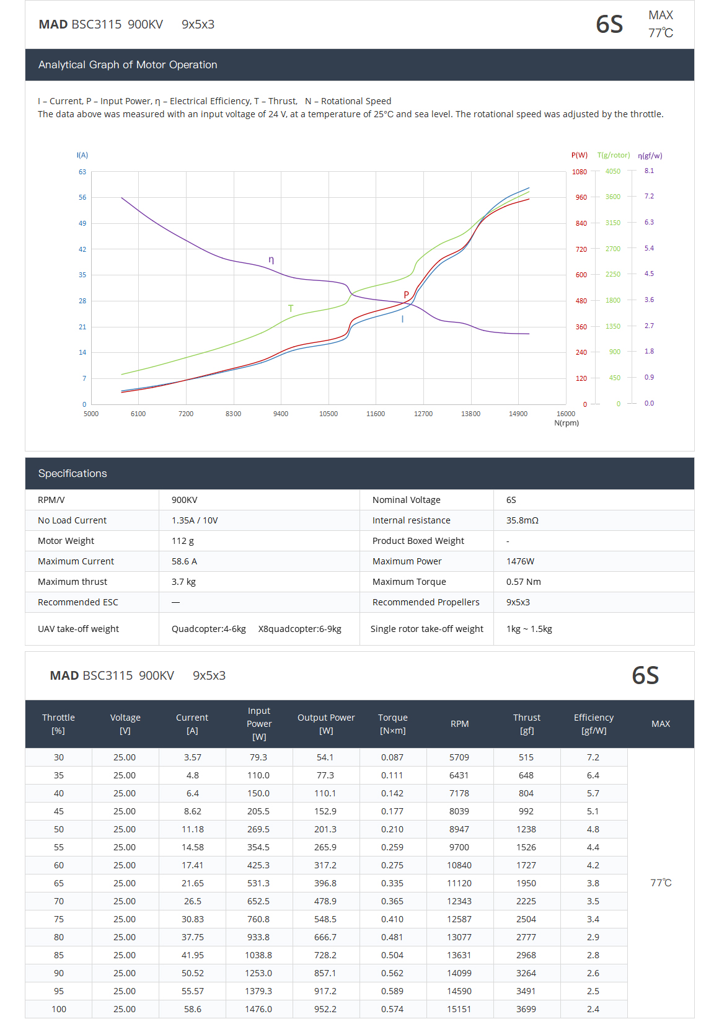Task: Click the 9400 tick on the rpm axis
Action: click(281, 414)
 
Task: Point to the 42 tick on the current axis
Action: click(82, 249)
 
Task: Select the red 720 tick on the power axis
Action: click(581, 249)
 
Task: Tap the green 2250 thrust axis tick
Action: click(612, 274)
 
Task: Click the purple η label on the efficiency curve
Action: click(271, 260)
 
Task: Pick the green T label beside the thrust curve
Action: click(291, 308)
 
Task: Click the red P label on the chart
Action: click(406, 295)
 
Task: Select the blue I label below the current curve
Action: click(402, 319)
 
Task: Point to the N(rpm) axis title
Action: click(567, 423)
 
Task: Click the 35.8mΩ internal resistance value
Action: click(522, 520)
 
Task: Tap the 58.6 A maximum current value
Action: click(184, 561)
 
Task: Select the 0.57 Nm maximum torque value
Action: click(523, 582)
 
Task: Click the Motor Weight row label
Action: click(66, 541)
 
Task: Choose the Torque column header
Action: click(393, 724)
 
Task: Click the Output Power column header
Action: click(326, 724)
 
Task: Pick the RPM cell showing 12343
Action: click(459, 901)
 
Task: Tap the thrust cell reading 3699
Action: click(526, 1009)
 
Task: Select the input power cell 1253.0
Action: click(258, 973)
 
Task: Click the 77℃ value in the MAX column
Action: click(661, 883)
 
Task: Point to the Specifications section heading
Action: click(73, 473)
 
